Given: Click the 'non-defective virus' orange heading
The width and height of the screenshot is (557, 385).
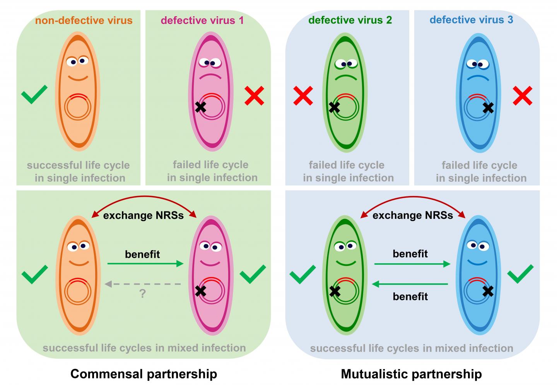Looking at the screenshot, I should tap(84, 20).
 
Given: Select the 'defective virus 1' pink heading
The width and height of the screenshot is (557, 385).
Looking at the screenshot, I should tap(202, 20).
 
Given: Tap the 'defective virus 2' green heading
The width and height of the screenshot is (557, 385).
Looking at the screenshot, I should tap(350, 20).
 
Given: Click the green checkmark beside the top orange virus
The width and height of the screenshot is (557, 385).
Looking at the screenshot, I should tap(34, 94).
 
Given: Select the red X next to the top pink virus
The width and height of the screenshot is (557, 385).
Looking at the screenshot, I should tap(255, 96).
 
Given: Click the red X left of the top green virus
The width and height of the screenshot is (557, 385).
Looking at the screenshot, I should tap(303, 96).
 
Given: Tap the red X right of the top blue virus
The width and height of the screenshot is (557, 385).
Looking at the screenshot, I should tap(523, 96).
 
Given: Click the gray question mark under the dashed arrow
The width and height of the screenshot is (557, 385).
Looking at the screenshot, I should tap(142, 294).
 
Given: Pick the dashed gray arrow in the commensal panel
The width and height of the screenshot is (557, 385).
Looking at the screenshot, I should tap(142, 284).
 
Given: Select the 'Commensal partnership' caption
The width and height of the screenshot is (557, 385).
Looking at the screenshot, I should tap(144, 374).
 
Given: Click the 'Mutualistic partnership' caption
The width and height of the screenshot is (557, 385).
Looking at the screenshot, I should tap(411, 374).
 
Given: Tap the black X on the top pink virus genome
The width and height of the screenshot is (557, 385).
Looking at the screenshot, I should tap(200, 107).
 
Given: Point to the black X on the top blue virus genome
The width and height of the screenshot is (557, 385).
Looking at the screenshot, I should tap(488, 107).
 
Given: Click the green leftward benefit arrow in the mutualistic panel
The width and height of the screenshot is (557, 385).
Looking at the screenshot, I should tap(410, 284).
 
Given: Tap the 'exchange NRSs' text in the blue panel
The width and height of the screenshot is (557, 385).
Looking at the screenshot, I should tap(412, 215).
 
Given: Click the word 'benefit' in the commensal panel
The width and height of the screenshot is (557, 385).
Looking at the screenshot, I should tap(142, 254).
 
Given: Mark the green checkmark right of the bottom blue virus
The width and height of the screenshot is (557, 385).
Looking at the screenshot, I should tap(520, 274).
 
